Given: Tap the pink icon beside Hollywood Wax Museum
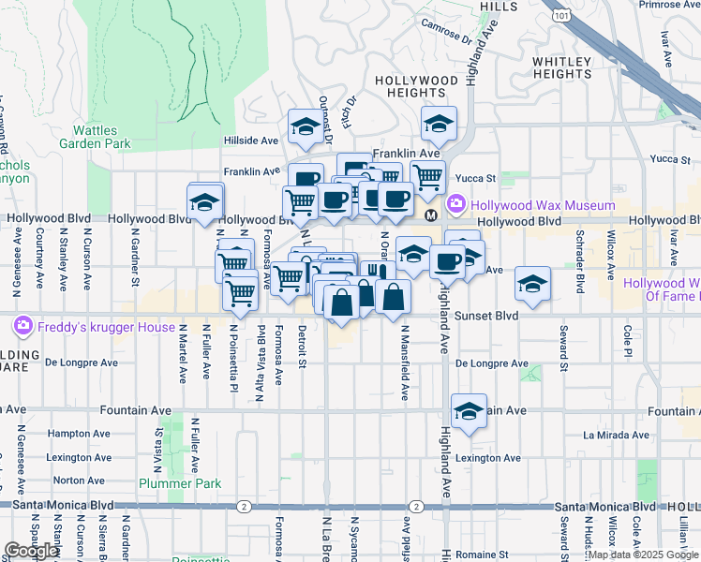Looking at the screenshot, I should pos(456,203).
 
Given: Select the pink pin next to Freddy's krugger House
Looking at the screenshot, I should pos(22,327).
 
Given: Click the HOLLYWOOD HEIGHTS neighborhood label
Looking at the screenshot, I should pos(416,87).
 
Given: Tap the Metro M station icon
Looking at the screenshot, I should pos(431,215).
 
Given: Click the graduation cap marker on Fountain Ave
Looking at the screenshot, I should pos(469,410).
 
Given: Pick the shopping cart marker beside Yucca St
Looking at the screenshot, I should pos(427,175).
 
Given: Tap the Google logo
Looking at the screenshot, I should pos(31,551).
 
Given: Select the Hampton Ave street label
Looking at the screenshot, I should pos(74,434).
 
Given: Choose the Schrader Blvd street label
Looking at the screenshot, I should pos(581,267).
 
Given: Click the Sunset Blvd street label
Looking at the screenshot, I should pos(486,317).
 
